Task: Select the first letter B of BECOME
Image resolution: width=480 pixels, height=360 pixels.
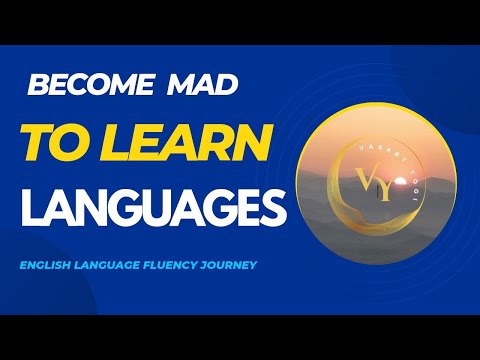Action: [x=35, y=85]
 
